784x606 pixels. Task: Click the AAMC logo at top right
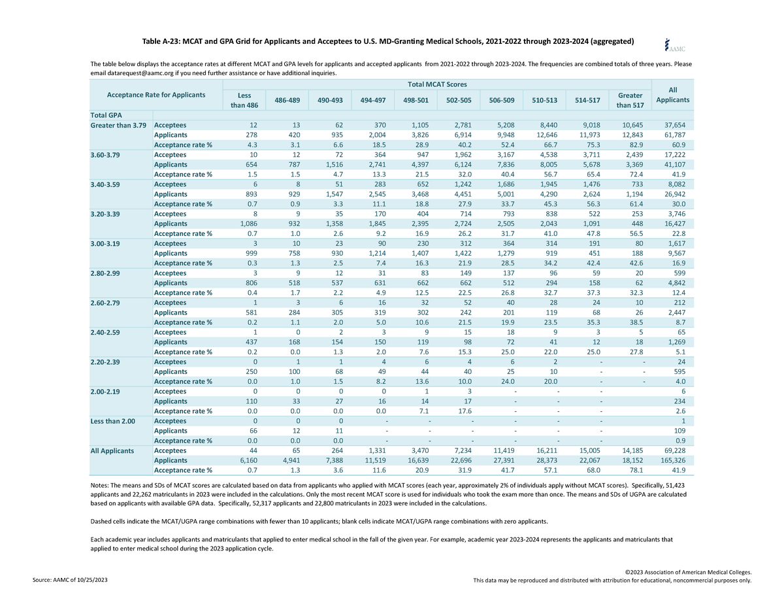(674, 45)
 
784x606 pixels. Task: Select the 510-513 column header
(544, 100)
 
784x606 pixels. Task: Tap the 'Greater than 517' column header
(630, 100)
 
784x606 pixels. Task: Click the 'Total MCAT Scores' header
(437, 84)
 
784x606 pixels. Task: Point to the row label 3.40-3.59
(105, 184)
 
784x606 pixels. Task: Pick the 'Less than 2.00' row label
(112, 421)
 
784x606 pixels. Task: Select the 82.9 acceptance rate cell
(636, 144)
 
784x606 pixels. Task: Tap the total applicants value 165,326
(672, 460)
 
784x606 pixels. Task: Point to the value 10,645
(632, 125)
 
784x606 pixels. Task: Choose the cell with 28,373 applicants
(547, 460)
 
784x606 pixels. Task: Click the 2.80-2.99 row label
(105, 273)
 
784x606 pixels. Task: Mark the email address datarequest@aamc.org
(140, 73)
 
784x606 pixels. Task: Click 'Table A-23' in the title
(161, 41)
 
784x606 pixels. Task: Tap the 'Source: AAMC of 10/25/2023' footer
(70, 580)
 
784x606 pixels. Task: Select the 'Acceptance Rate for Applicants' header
(156, 95)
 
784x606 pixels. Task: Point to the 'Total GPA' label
(106, 115)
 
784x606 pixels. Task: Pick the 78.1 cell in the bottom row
(636, 470)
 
